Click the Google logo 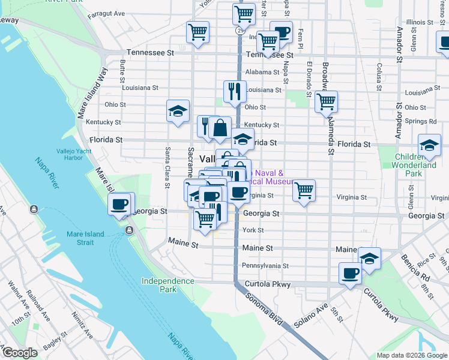tap(19, 353)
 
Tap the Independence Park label tap(168, 285)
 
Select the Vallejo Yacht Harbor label tap(76, 154)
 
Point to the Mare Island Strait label tap(85, 238)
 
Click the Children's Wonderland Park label tap(415, 165)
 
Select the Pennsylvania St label tap(265, 265)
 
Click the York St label tap(253, 230)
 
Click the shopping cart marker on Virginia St tap(304, 191)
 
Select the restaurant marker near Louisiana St tap(235, 91)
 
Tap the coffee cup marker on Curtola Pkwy tap(350, 273)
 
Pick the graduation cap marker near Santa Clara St tap(178, 110)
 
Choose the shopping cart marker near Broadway tap(326, 101)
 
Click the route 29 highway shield tap(239, 29)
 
